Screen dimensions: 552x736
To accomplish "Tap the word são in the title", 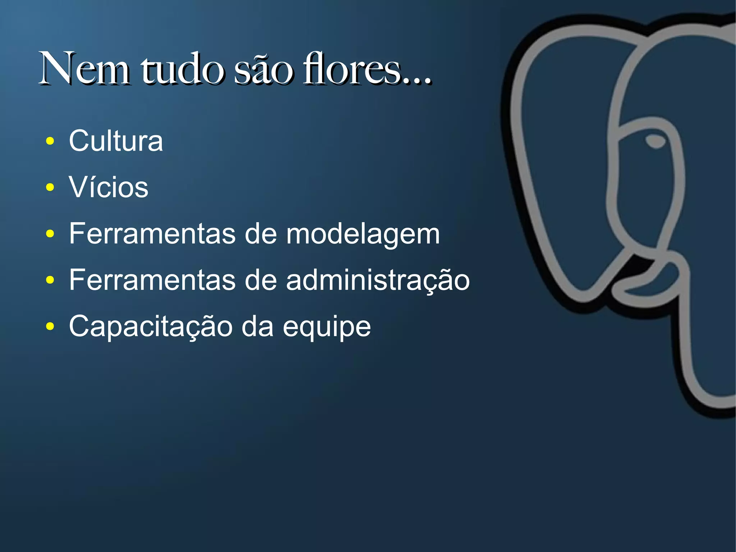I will pyautogui.click(x=263, y=69).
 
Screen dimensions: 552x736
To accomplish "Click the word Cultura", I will pyautogui.click(x=116, y=141).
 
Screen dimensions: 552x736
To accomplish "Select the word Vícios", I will pyautogui.click(x=109, y=187).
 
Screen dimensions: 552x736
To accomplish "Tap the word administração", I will pyautogui.click(x=378, y=280).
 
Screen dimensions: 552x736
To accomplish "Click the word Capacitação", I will pyautogui.click(x=151, y=327).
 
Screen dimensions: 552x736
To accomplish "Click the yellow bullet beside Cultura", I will pyautogui.click(x=50, y=141).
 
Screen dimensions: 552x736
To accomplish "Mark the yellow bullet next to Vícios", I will pyautogui.click(x=50, y=187).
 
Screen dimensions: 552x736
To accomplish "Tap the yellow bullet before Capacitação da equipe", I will pyautogui.click(x=50, y=327).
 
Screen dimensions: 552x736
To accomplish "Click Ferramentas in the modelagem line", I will pyautogui.click(x=152, y=234).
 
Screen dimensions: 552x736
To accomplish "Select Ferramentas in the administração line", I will pyautogui.click(x=152, y=280).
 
